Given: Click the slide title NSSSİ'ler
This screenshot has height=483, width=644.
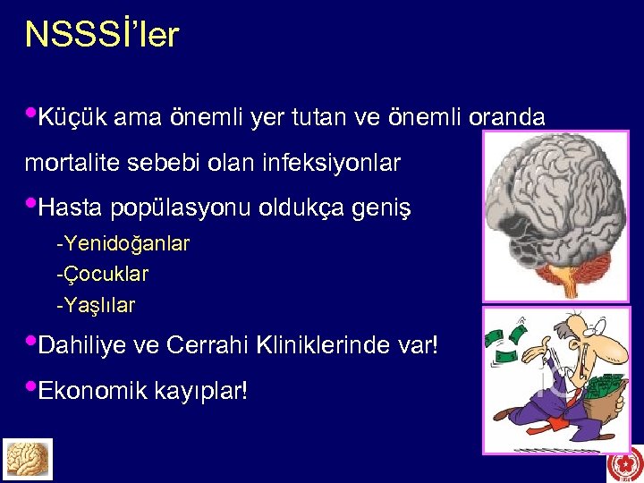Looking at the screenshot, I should [x=102, y=35].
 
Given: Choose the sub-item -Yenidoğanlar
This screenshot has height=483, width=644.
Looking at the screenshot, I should [x=123, y=243].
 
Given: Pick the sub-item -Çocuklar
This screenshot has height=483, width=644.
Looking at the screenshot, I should [x=102, y=274].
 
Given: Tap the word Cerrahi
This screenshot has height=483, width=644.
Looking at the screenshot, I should [x=208, y=344].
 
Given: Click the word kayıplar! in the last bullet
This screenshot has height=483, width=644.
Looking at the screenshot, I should [x=201, y=390].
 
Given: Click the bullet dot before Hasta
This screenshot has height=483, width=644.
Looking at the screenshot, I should [x=31, y=206].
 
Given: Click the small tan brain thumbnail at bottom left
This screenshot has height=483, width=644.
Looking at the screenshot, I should [x=28, y=459].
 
